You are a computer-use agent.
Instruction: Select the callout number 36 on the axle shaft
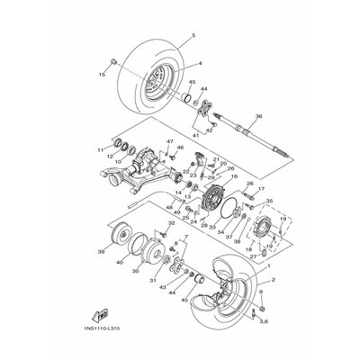[x=259, y=115]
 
